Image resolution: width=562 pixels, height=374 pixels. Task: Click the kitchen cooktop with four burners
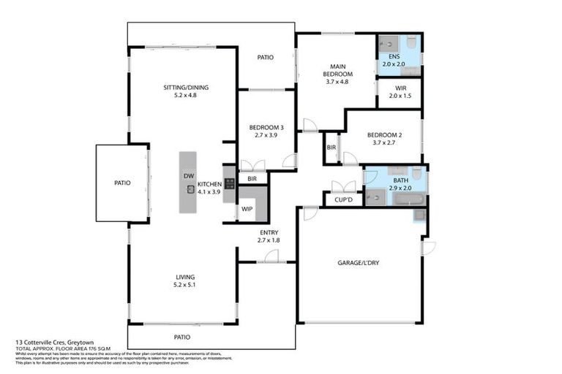click(x=229, y=184)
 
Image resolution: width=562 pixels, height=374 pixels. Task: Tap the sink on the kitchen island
click(x=190, y=189)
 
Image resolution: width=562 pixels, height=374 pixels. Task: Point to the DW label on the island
click(x=188, y=176)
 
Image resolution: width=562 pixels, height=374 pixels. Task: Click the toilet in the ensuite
click(x=411, y=42)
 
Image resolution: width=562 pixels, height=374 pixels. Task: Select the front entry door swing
click(x=271, y=256)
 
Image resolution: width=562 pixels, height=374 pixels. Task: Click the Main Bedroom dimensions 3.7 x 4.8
click(x=338, y=82)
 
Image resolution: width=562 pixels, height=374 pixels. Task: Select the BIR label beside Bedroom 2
click(x=331, y=147)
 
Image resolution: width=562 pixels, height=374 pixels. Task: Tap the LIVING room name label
click(x=185, y=277)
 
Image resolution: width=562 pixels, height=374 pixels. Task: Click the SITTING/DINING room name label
click(x=186, y=88)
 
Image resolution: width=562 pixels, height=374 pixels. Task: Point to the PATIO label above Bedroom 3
click(x=265, y=58)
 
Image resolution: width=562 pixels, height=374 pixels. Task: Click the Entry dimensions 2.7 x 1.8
click(x=268, y=240)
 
